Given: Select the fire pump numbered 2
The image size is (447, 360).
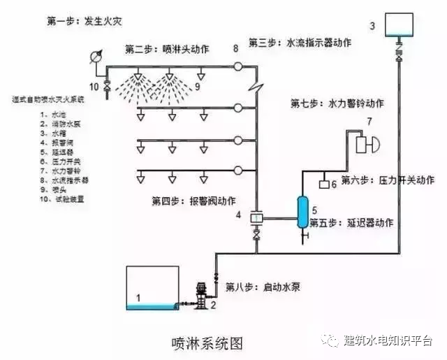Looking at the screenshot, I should coord(202,296).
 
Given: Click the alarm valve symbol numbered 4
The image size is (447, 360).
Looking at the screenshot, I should coord(256,218).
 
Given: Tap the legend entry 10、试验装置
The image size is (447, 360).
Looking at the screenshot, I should coord(34,199).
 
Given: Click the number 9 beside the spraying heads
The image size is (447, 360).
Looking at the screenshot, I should coord(198,86).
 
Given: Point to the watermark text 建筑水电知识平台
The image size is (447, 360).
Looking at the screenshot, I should coord(388,340).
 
